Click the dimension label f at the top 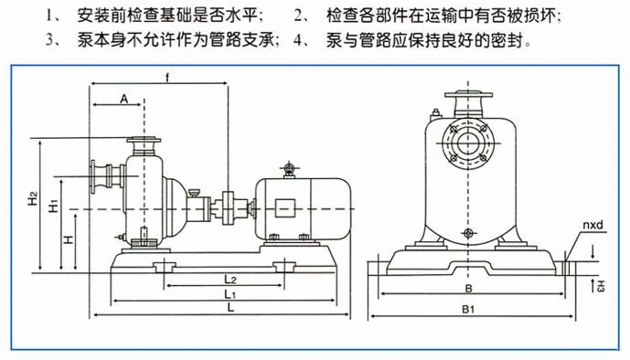pyautogui.click(x=167, y=78)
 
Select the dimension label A pyautogui.click(x=123, y=99)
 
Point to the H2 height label pyautogui.click(x=33, y=198)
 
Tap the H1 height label pyautogui.click(x=54, y=206)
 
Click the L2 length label pyautogui.click(x=230, y=279)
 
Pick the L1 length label pyautogui.click(x=230, y=294)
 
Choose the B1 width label pyautogui.click(x=468, y=309)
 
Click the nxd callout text pyautogui.click(x=593, y=225)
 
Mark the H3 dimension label pyautogui.click(x=600, y=286)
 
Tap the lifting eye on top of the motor pyautogui.click(x=289, y=168)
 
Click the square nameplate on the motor pyautogui.click(x=285, y=208)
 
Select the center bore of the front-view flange pyautogui.click(x=468, y=143)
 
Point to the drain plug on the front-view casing pyautogui.click(x=468, y=233)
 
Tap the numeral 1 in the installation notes pyautogui.click(x=49, y=16)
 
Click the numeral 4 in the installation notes pyautogui.click(x=297, y=40)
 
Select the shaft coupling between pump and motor pyautogui.click(x=229, y=208)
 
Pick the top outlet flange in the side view pyautogui.click(x=144, y=141)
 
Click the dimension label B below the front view pyautogui.click(x=468, y=288)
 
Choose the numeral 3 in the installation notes pyautogui.click(x=49, y=40)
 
